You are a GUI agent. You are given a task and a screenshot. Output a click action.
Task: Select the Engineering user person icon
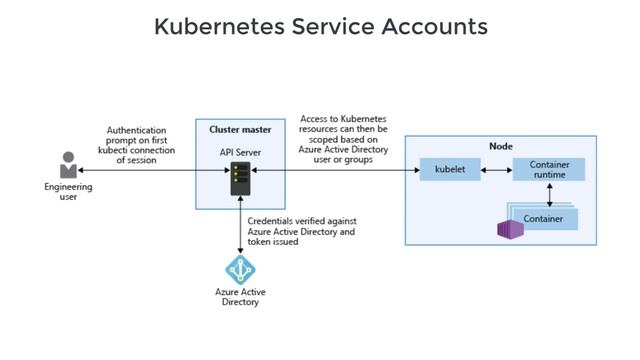[x=68, y=165]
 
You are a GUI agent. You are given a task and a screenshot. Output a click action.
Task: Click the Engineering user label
[x=68, y=191]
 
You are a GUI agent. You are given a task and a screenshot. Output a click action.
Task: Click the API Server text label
[x=240, y=152]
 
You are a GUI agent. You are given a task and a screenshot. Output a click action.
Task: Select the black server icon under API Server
[x=240, y=179]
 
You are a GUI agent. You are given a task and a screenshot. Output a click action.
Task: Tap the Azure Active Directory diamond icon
[x=240, y=270]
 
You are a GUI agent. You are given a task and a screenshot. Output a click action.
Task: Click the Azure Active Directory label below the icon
[x=240, y=297]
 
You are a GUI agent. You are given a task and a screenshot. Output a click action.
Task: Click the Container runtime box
[x=548, y=169]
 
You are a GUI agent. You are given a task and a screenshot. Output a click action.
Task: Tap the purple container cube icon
[x=511, y=229]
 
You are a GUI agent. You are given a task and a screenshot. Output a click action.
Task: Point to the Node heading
[x=501, y=146]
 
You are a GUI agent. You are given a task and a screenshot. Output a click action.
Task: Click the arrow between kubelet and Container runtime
[x=496, y=170]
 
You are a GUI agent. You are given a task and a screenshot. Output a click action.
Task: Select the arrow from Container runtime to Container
[x=549, y=194]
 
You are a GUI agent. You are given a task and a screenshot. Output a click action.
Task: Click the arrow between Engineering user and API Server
[x=150, y=171]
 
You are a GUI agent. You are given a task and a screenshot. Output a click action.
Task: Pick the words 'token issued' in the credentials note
[x=272, y=241]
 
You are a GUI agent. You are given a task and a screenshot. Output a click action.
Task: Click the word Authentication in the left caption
[x=136, y=130]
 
